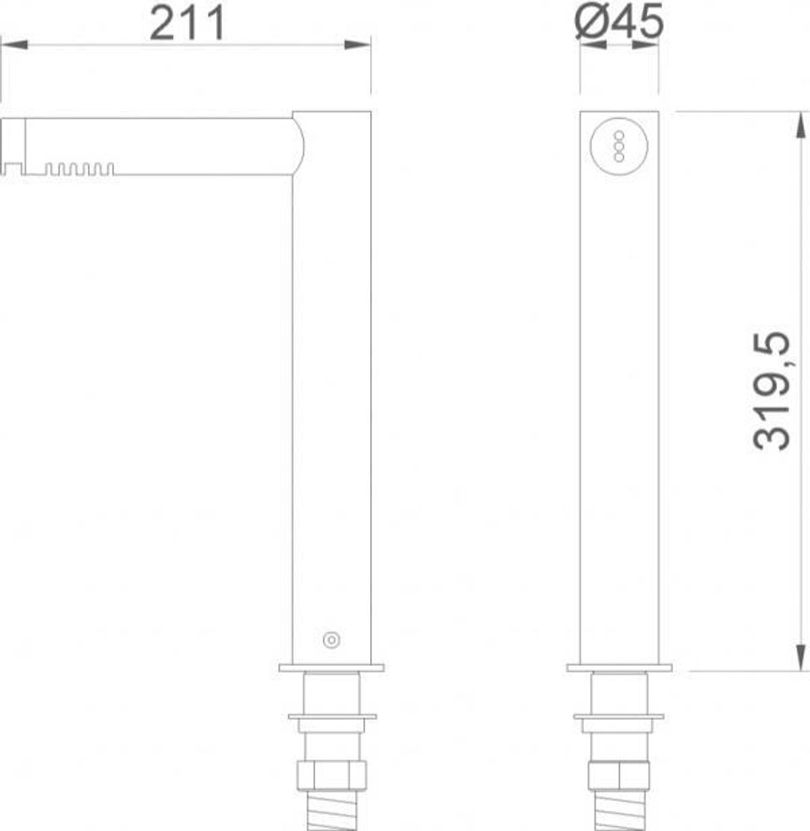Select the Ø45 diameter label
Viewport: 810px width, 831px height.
620,22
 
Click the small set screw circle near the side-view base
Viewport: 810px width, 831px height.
331,640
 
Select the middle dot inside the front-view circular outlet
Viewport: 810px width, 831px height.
618,145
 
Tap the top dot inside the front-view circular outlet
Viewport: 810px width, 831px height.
618,135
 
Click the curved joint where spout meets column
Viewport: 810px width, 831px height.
298,146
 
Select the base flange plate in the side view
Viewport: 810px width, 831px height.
331,667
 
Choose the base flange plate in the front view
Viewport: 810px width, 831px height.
619,667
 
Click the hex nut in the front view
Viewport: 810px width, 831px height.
620,775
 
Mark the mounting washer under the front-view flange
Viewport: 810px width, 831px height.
620,716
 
